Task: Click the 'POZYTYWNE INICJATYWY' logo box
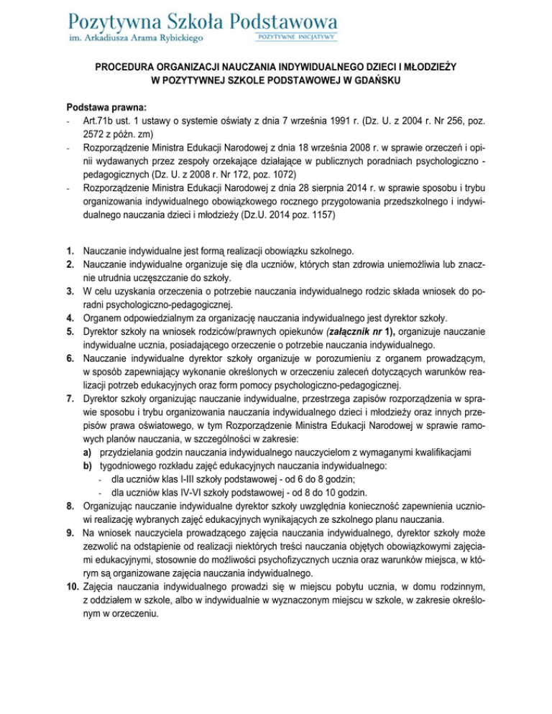(296, 36)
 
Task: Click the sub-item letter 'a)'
(87, 451)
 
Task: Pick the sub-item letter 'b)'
(87, 465)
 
